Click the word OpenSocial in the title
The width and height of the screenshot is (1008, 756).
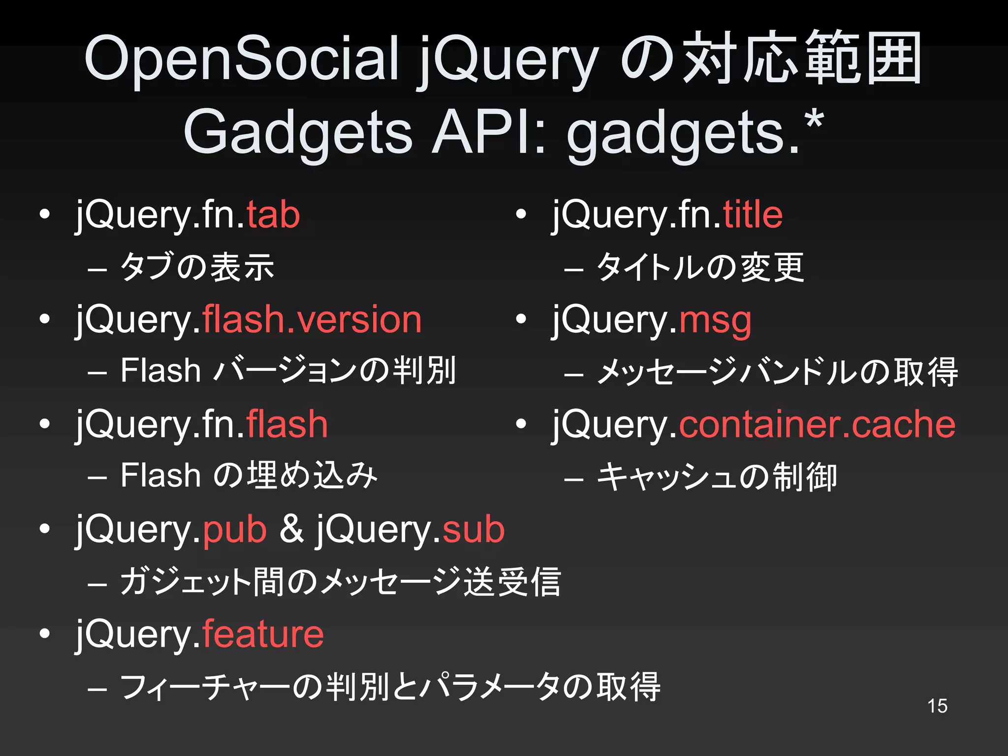pyautogui.click(x=241, y=59)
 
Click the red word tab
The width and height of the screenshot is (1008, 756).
pyautogui.click(x=273, y=215)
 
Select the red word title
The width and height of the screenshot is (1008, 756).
pyautogui.click(x=753, y=215)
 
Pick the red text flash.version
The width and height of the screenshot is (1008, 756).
pyautogui.click(x=312, y=320)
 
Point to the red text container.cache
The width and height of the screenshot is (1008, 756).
pyautogui.click(x=817, y=424)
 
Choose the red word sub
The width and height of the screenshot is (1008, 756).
pyautogui.click(x=473, y=530)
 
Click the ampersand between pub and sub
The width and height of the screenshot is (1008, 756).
pyautogui.click(x=292, y=530)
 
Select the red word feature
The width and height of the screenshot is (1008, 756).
pyautogui.click(x=263, y=634)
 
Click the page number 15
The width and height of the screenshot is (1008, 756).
pyautogui.click(x=937, y=706)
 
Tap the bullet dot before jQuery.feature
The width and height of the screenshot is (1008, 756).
pyautogui.click(x=45, y=634)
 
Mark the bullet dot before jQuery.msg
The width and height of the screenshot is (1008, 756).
pyautogui.click(x=521, y=320)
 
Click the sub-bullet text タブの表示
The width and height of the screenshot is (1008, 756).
pyautogui.click(x=197, y=267)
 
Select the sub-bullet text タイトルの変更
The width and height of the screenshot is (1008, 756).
pyautogui.click(x=700, y=267)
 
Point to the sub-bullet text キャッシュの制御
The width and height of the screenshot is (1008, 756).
pyautogui.click(x=716, y=477)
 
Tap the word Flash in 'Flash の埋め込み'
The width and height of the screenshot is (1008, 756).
pyautogui.click(x=160, y=475)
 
